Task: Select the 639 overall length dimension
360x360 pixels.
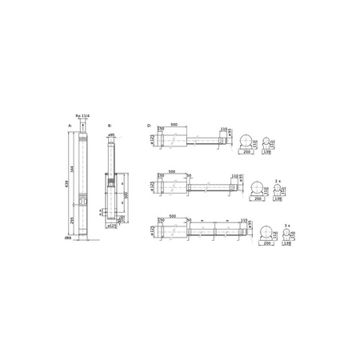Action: tap(69, 182)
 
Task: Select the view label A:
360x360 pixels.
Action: tap(70, 126)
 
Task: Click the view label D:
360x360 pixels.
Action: tap(150, 126)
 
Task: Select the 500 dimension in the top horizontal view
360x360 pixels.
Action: tap(173, 125)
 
